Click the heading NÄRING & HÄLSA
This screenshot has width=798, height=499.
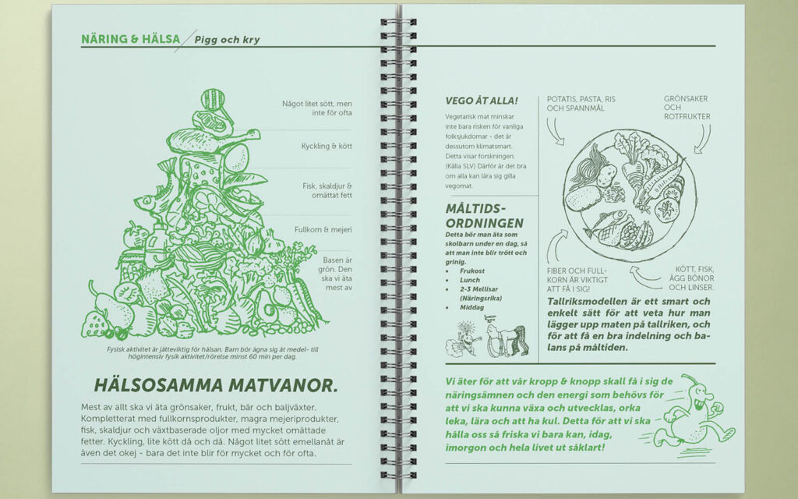[x=131, y=39]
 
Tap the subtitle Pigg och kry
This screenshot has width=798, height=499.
[x=227, y=40]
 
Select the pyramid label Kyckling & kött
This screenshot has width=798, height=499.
[x=327, y=146]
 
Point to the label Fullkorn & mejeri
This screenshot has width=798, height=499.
[x=323, y=230]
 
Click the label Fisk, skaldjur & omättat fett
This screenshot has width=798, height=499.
[x=327, y=190]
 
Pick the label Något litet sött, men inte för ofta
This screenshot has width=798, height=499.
[x=317, y=108]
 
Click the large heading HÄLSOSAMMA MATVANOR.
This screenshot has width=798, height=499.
[x=216, y=385]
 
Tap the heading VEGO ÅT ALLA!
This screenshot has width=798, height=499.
[x=482, y=101]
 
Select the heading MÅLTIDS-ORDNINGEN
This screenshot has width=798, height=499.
[x=484, y=216]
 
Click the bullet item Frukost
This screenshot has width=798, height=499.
[x=471, y=271]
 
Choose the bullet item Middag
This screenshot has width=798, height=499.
[x=471, y=307]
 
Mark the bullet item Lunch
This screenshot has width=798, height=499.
[x=470, y=280]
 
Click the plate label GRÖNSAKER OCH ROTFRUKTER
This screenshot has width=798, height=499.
[x=687, y=108]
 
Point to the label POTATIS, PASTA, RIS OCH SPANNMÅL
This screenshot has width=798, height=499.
[x=581, y=104]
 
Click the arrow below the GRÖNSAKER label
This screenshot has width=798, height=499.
[x=703, y=139]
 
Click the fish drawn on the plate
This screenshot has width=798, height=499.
[x=605, y=224]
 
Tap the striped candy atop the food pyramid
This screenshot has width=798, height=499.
[x=213, y=99]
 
